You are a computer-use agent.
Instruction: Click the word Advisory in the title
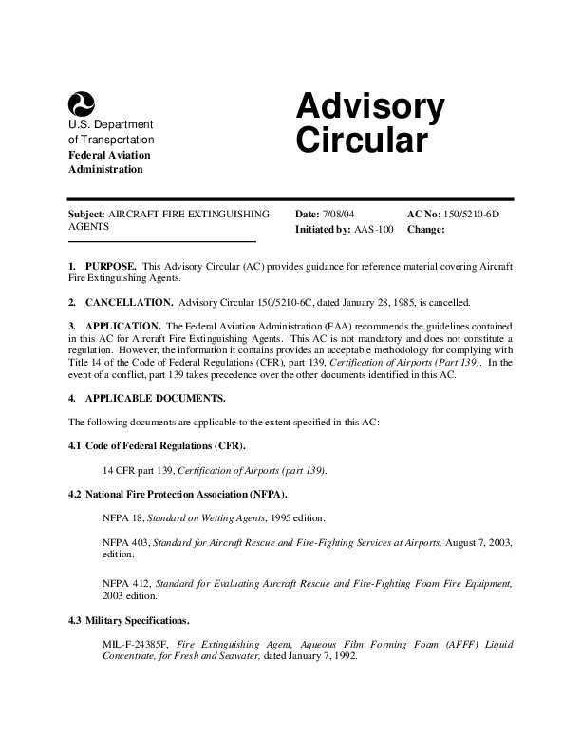pyautogui.click(x=369, y=109)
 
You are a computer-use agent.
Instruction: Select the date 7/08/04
pyautogui.click(x=338, y=215)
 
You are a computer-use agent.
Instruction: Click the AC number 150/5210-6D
pyautogui.click(x=473, y=215)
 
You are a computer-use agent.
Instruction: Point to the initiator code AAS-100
pyautogui.click(x=373, y=230)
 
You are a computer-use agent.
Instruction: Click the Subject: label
pyautogui.click(x=86, y=215)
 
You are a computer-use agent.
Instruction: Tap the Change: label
pyautogui.click(x=425, y=230)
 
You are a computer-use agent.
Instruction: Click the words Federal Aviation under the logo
pyautogui.click(x=109, y=155)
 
